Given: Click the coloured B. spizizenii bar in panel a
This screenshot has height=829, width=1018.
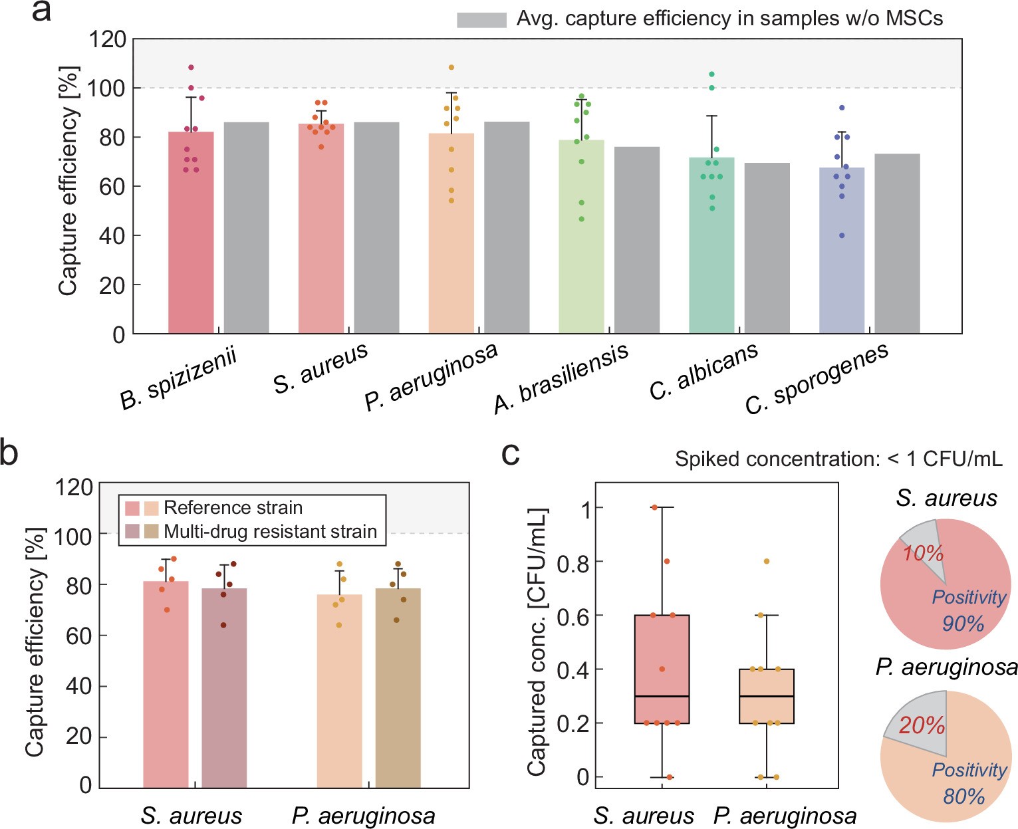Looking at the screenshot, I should tap(191, 233).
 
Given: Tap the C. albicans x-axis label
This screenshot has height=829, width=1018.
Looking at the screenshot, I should tap(703, 372).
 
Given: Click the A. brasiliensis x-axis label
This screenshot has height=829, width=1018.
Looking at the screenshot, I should tap(561, 378).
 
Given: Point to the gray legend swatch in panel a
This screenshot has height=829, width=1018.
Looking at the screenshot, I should tap(481, 20).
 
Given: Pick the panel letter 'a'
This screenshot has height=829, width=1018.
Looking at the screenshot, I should tap(41, 12).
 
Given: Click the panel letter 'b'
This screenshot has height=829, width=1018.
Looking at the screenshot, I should tap(9, 453).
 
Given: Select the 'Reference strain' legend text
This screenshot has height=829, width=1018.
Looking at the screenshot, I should tap(233, 508).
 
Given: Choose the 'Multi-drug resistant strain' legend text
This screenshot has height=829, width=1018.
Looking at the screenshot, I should tap(270, 532).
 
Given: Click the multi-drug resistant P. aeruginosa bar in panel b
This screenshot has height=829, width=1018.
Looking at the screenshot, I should tap(398, 688).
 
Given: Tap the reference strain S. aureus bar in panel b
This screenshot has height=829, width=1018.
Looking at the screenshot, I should tap(166, 685).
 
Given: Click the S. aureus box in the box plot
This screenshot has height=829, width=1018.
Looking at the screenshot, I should tap(662, 669).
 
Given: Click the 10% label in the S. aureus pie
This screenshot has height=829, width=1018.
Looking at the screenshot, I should tap(923, 553).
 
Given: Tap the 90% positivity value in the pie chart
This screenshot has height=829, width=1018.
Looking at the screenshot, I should tap(963, 624).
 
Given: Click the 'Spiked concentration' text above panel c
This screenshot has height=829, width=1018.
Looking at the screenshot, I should tap(838, 459).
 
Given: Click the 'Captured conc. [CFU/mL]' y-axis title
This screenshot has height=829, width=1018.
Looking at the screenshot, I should tap(537, 642).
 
